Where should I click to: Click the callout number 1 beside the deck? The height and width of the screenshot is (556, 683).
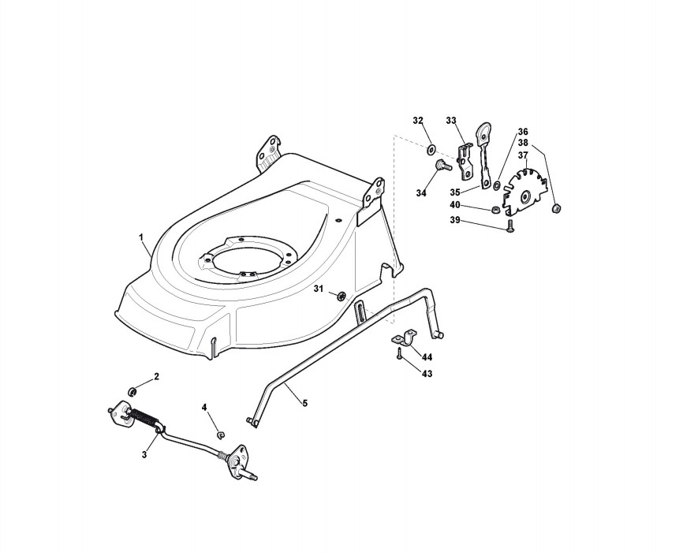[140, 237]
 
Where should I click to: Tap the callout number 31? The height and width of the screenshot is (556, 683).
[319, 289]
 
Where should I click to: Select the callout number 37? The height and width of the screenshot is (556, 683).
[523, 155]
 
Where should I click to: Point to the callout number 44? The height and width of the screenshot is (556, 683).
[427, 357]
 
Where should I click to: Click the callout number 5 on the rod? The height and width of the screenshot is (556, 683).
[305, 404]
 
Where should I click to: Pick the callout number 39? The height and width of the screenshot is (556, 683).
[455, 221]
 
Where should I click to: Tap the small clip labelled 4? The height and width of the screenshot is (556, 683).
[220, 435]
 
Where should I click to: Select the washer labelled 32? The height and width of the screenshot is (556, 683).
[431, 151]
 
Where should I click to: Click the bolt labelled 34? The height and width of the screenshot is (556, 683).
[440, 166]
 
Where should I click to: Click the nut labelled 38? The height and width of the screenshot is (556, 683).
[556, 209]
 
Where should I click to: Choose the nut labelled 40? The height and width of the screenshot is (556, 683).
[495, 210]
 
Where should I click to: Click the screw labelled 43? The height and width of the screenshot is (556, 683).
[399, 355]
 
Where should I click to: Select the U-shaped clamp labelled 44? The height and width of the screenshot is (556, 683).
[404, 338]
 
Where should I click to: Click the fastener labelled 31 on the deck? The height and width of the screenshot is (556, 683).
[341, 296]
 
